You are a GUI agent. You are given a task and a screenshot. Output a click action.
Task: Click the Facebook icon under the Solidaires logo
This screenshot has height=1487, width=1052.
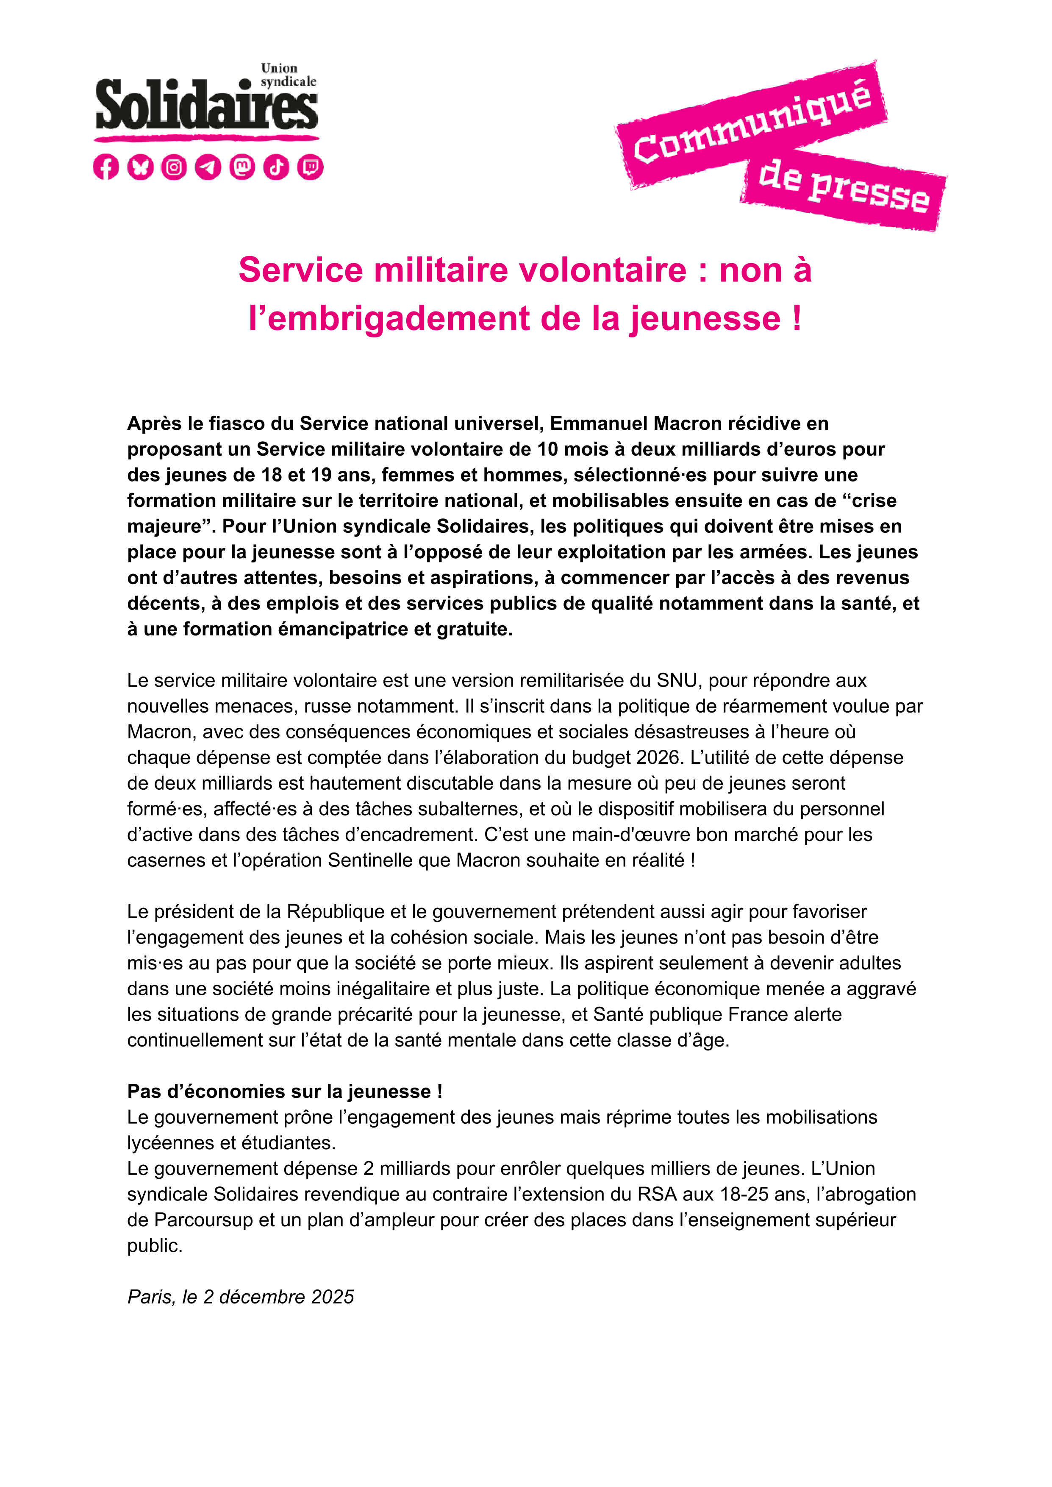pos(105,167)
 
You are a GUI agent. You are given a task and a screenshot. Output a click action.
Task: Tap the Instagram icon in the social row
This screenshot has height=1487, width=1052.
pos(174,167)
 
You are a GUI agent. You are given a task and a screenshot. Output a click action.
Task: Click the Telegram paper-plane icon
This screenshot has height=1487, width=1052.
pos(208,167)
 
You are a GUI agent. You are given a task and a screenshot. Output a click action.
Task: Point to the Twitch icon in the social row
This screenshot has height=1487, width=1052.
pos(310,167)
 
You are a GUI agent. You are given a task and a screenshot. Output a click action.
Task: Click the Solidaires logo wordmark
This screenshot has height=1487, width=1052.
pos(206,106)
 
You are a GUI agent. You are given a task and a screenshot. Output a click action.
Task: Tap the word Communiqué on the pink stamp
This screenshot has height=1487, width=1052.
pos(752,123)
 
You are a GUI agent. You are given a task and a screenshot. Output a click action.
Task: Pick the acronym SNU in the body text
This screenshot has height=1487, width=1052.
pos(677,680)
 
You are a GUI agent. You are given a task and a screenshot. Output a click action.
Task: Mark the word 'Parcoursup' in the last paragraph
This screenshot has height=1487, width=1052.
pos(203,1220)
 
